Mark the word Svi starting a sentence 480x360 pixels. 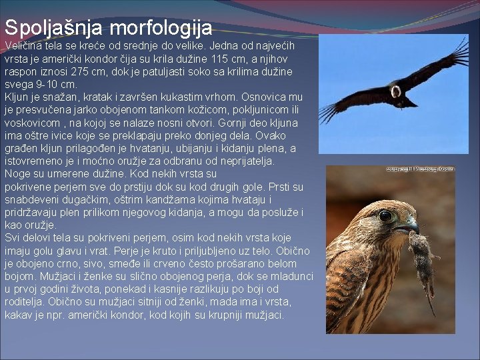pyautogui.click(x=13, y=238)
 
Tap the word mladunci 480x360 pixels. pyautogui.click(x=288, y=276)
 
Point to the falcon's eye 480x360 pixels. pyautogui.click(x=386, y=215)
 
